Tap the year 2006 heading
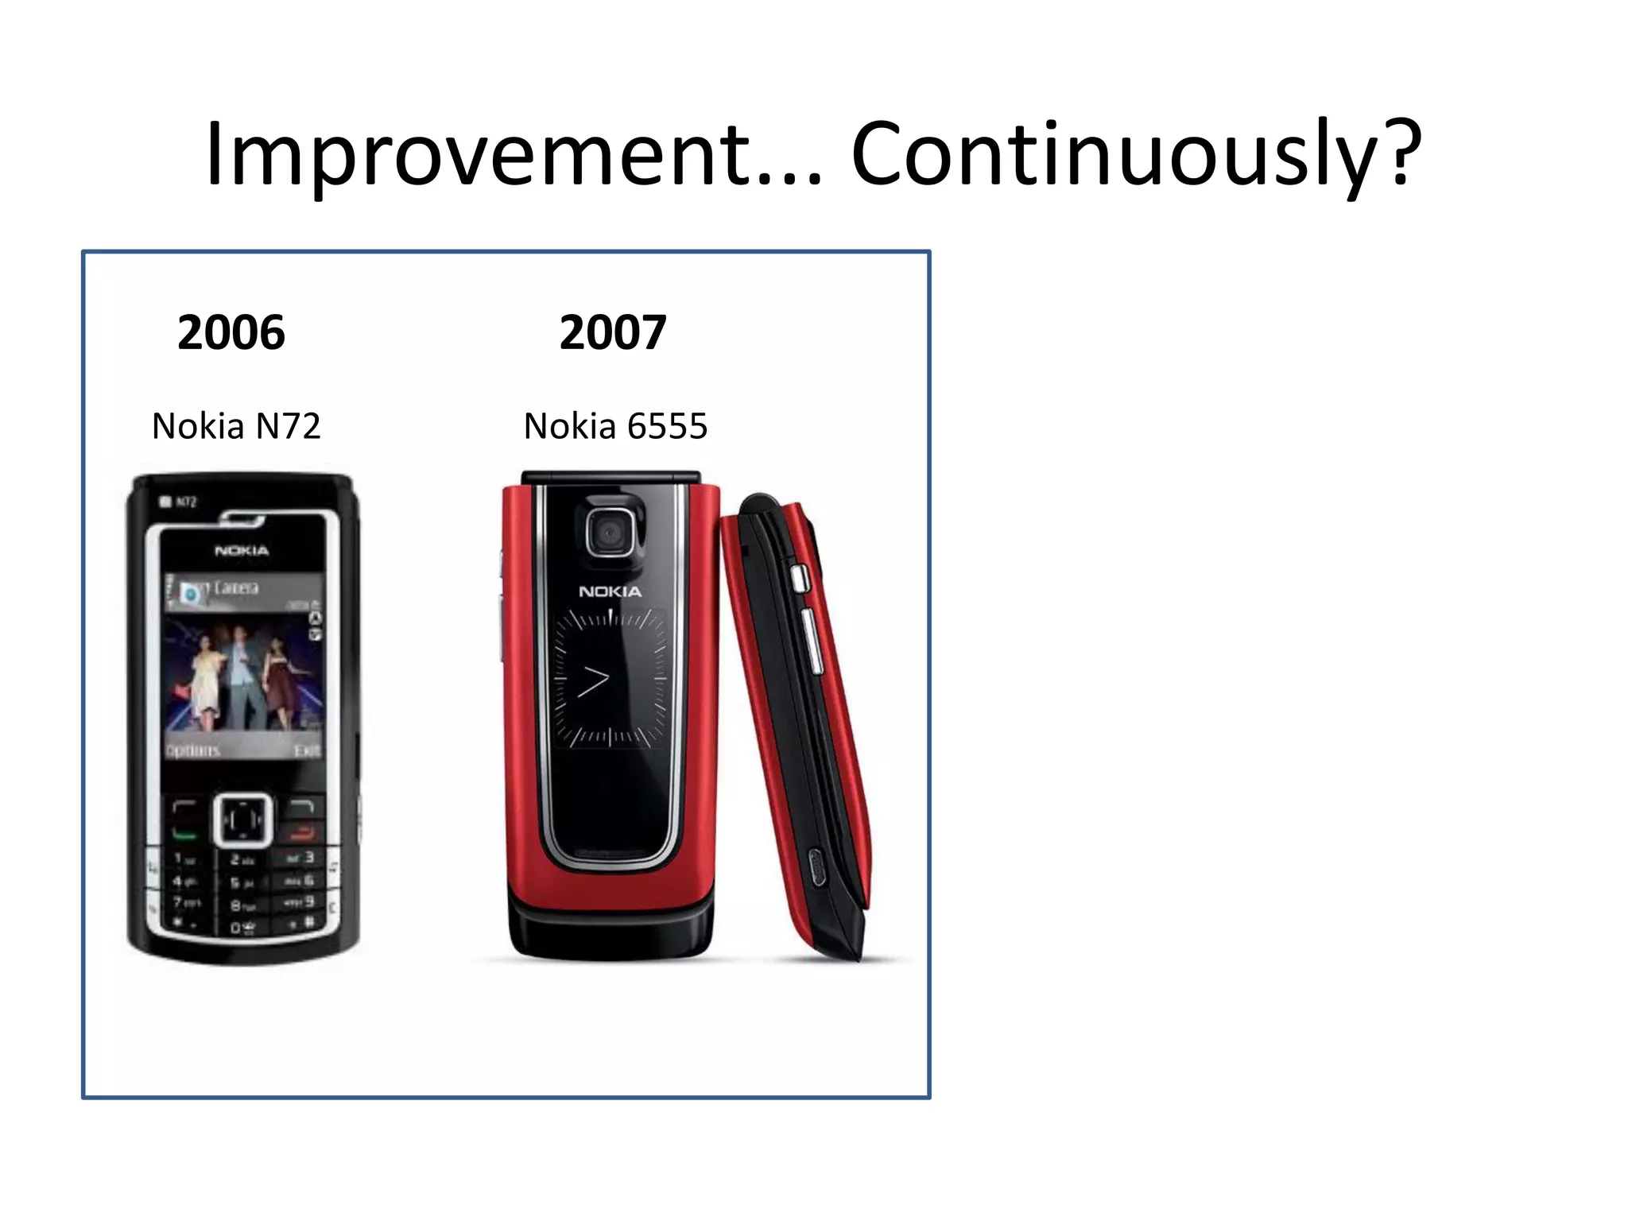tap(231, 332)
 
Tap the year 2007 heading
tap(612, 332)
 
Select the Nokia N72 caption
tap(236, 426)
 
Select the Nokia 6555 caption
tap(615, 426)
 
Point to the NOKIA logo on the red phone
tap(610, 591)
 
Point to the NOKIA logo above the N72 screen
tap(242, 550)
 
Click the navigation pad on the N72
tap(242, 820)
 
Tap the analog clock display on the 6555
tap(610, 678)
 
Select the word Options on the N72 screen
tap(192, 750)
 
